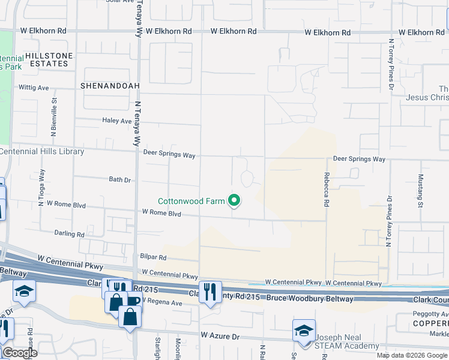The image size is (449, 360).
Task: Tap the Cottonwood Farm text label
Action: (191, 202)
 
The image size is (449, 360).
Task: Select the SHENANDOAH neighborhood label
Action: (110, 86)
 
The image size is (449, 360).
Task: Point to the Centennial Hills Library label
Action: (42, 152)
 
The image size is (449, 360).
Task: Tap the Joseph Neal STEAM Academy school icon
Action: (304, 331)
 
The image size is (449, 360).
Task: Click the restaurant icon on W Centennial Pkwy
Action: (210, 292)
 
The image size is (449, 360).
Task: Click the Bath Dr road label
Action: (120, 179)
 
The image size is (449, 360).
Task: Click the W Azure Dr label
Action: (220, 337)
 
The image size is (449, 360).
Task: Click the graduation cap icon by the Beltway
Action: (25, 291)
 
